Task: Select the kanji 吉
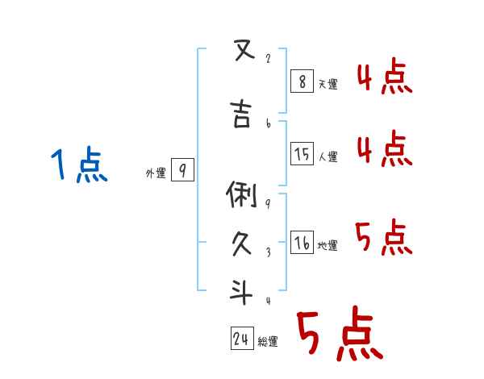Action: (x=240, y=115)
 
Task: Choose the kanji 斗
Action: (x=240, y=291)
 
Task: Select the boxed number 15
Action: (x=302, y=153)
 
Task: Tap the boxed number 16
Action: (x=302, y=242)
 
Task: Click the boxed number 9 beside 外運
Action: (x=183, y=170)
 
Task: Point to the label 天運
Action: (x=328, y=83)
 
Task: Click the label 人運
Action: (x=328, y=156)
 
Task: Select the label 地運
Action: (x=328, y=245)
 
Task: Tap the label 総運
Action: (x=268, y=342)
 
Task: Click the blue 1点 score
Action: (x=79, y=166)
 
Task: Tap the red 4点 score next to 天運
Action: (x=384, y=79)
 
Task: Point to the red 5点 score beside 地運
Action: (x=384, y=237)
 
